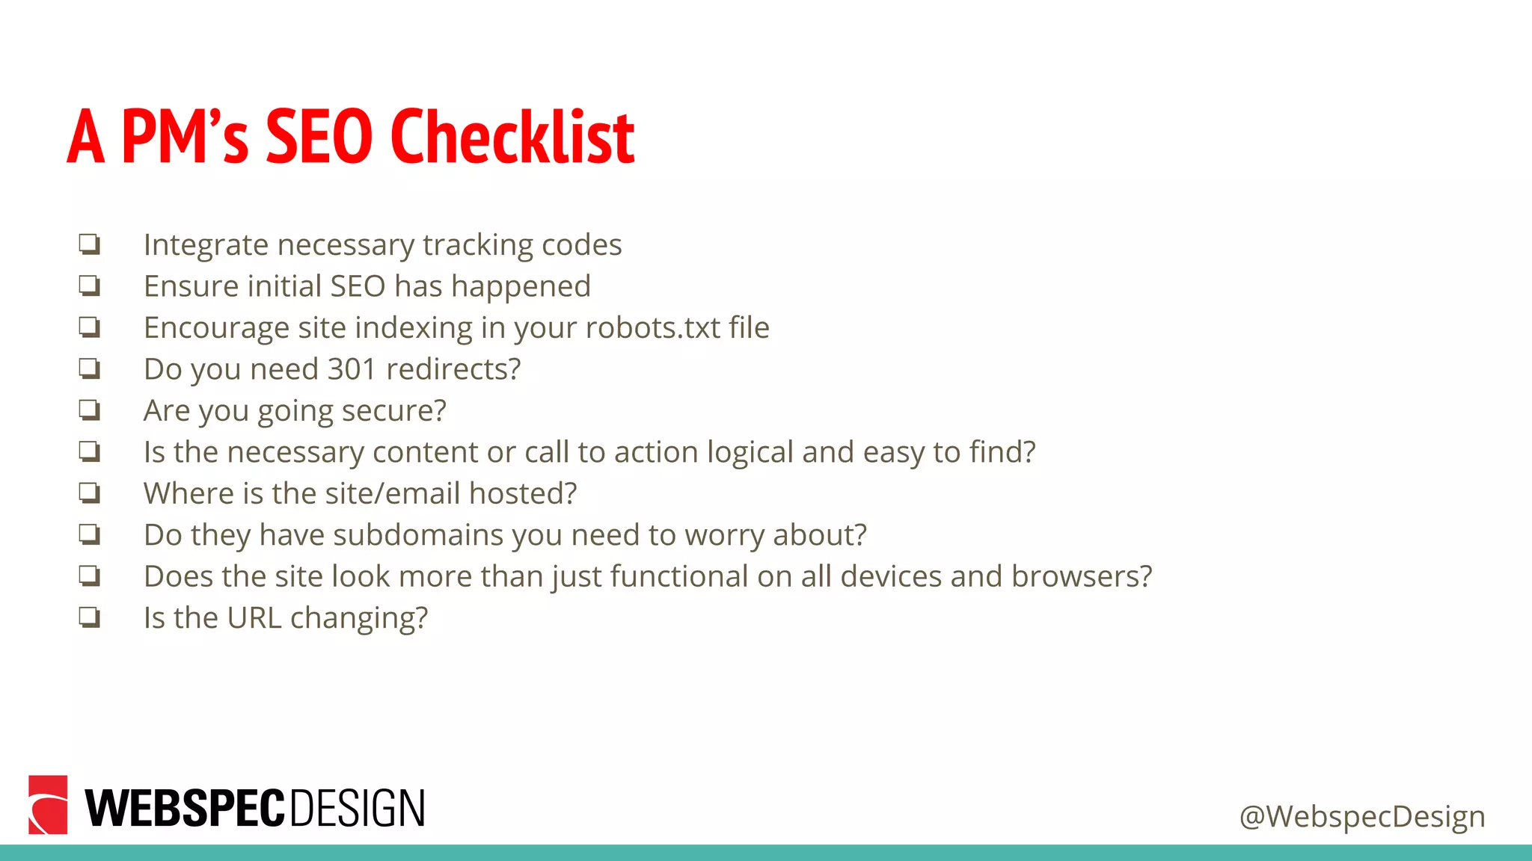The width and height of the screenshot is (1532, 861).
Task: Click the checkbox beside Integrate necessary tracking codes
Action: [x=90, y=244]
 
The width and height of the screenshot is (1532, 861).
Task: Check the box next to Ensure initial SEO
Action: [x=90, y=285]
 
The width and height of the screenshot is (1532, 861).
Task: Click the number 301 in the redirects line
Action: [x=352, y=369]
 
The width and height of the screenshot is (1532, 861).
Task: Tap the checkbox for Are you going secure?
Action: [x=90, y=410]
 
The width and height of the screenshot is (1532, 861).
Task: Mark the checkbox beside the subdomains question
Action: [x=90, y=534]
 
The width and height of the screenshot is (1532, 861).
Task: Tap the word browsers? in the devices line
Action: [x=1082, y=576]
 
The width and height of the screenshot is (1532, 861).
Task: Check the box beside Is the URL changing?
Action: [x=90, y=617]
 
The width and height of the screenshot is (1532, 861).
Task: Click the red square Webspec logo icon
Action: [x=48, y=805]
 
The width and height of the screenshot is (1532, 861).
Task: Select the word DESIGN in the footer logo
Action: [x=357, y=808]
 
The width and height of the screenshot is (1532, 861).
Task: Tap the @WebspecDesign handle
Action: [x=1361, y=816]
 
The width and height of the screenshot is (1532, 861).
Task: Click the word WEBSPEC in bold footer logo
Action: [x=185, y=808]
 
